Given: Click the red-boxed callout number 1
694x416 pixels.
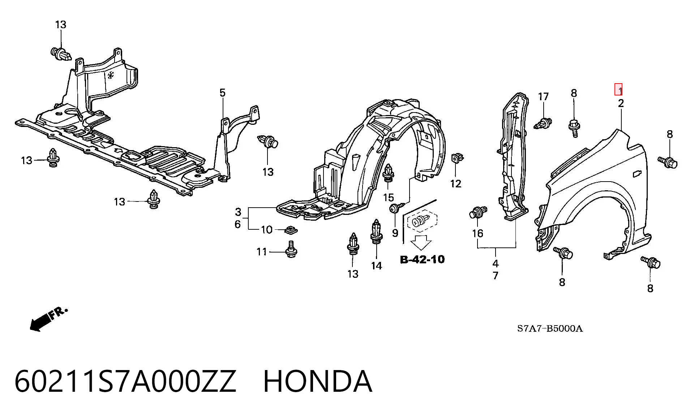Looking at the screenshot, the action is pyautogui.click(x=619, y=89).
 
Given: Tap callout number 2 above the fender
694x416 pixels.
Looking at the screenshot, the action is pyautogui.click(x=621, y=103).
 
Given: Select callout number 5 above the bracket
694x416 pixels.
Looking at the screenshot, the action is pyautogui.click(x=222, y=93).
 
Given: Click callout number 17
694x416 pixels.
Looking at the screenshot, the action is pyautogui.click(x=543, y=97).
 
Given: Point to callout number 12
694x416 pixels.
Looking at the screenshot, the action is pyautogui.click(x=456, y=184).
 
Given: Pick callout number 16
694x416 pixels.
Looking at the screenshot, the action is pyautogui.click(x=477, y=233).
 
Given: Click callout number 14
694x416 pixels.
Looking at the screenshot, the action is pyautogui.click(x=376, y=266).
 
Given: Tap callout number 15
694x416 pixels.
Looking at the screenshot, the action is pyautogui.click(x=388, y=198).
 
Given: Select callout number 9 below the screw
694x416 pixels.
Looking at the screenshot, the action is pyautogui.click(x=395, y=233).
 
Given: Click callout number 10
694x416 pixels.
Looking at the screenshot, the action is pyautogui.click(x=266, y=230).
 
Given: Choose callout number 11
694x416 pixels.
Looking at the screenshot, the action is pyautogui.click(x=262, y=252).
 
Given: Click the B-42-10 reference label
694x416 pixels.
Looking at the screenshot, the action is pyautogui.click(x=422, y=259).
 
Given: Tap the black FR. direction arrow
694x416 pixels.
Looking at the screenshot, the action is pyautogui.click(x=48, y=319).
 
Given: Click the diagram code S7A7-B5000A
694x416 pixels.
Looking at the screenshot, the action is pyautogui.click(x=550, y=328).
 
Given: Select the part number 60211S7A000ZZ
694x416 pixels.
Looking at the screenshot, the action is pyautogui.click(x=125, y=381).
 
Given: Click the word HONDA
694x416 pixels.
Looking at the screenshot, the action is pyautogui.click(x=317, y=381).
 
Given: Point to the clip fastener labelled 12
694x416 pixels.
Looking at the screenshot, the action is pyautogui.click(x=457, y=158).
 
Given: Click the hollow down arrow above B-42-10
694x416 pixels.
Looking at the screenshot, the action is pyautogui.click(x=421, y=242).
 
